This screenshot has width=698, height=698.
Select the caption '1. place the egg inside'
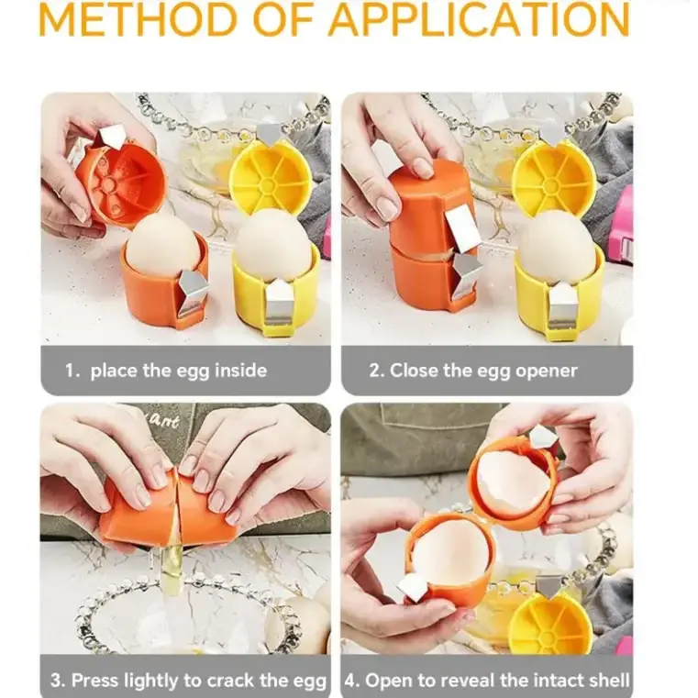(166, 371)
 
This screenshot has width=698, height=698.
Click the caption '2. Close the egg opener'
(473, 371)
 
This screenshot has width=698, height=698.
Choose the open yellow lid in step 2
(554, 176)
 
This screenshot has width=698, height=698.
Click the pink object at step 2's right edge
(623, 220)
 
